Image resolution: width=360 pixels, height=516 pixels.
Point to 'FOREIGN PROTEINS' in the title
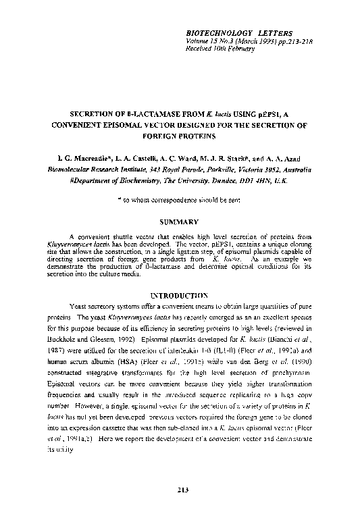[180, 136]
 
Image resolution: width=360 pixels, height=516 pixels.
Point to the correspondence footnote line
[179, 201]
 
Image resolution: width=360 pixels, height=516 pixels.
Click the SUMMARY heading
[179, 222]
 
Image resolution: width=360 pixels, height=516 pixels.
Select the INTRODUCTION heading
[179, 295]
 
